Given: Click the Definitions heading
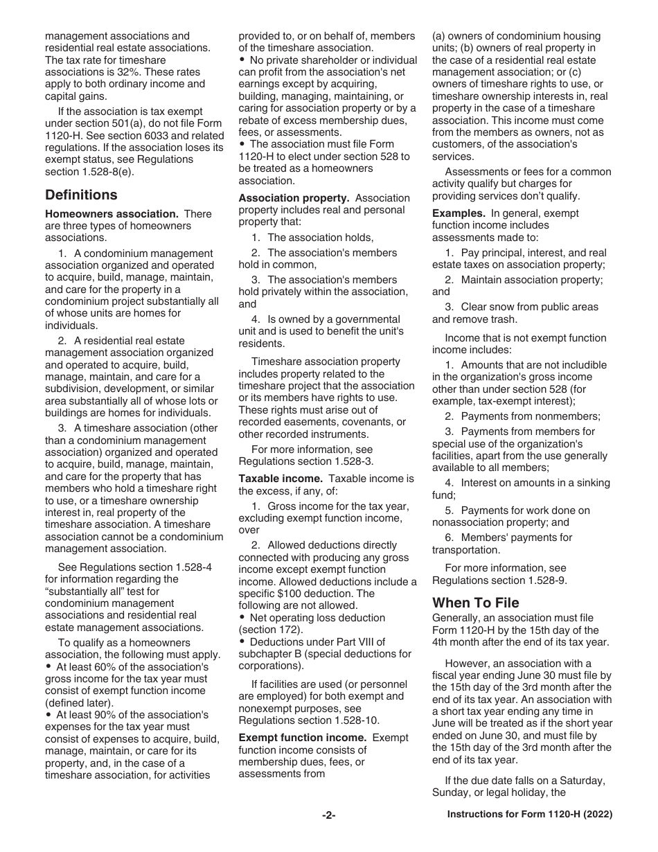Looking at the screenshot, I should click(x=81, y=195).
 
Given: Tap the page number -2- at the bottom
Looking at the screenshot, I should click(x=328, y=816).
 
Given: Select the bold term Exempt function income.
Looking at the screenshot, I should click(x=303, y=738).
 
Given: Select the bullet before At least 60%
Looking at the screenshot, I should click(x=48, y=667).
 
